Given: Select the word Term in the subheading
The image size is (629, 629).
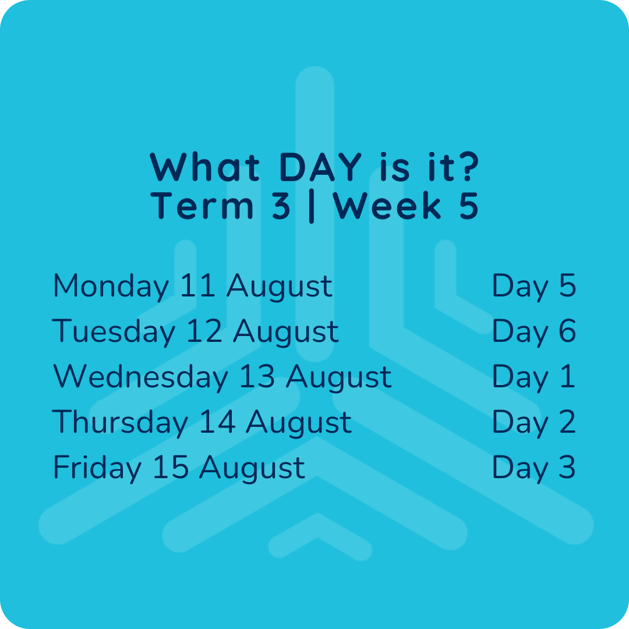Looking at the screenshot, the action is (x=202, y=206).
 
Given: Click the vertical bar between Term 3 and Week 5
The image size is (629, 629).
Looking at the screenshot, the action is (x=312, y=207).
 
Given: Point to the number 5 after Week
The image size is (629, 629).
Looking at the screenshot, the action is (x=468, y=206).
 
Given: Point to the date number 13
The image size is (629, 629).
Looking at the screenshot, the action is (x=257, y=376).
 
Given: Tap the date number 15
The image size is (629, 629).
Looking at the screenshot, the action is (x=171, y=467).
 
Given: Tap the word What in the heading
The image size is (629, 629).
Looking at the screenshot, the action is (x=204, y=167).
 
